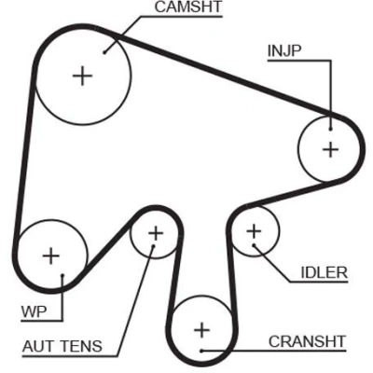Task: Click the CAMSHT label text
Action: click(188, 7)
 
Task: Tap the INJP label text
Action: click(284, 51)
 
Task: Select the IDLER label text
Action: click(324, 272)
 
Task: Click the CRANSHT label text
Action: click(307, 341)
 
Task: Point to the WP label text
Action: click(34, 311)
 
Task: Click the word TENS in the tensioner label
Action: click(82, 346)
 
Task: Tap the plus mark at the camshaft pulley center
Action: click(82, 76)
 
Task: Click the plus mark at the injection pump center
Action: click(330, 149)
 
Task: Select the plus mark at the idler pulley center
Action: click(254, 231)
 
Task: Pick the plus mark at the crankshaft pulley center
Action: click(201, 330)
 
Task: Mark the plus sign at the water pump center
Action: click(51, 256)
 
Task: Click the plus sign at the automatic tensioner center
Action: click(156, 233)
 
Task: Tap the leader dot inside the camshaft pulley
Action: click(104, 52)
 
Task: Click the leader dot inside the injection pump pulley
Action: click(331, 129)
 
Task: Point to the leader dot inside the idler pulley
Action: click(254, 245)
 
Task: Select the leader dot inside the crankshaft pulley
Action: click(201, 351)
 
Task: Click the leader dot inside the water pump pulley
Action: click(62, 275)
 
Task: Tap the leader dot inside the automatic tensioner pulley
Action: click(153, 246)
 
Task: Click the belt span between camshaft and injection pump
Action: click(224, 76)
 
